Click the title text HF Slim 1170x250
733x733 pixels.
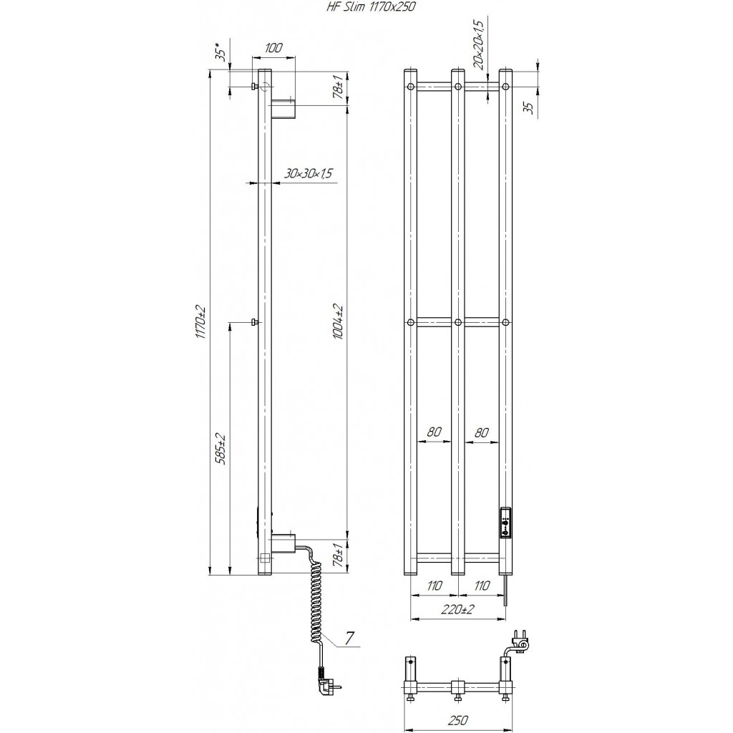coord(370,6)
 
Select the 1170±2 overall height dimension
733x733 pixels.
coord(201,322)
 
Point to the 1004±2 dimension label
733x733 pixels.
coord(339,322)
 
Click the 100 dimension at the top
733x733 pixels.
coord(273,48)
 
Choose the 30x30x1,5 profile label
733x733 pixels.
coord(308,173)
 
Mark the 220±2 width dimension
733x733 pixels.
coord(458,609)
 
